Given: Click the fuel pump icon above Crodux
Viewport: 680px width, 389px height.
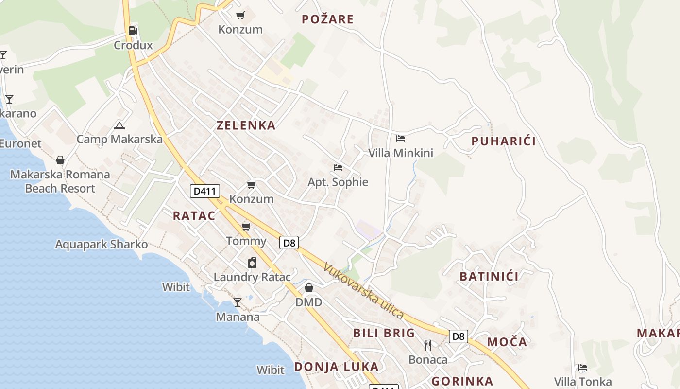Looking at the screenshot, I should pos(133,31).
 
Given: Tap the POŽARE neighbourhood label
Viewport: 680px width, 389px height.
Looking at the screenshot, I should pos(327,19).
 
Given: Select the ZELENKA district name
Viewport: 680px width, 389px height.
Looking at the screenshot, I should pos(246,125).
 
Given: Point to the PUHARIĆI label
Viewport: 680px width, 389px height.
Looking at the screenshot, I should pos(504,141).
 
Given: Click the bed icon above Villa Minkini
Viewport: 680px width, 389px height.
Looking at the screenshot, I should pos(400,139).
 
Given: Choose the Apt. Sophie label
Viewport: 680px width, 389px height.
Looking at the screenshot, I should pos(338,182).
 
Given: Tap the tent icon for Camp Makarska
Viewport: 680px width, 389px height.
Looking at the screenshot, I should pos(119,125).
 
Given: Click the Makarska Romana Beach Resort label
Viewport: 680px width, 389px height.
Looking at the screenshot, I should pos(60,181).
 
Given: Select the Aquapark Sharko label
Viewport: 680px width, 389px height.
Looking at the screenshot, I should pos(101,244).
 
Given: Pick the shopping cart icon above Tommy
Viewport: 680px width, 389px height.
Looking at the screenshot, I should pos(246,227).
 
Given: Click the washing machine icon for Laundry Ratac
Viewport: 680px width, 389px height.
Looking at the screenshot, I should pos(252,263).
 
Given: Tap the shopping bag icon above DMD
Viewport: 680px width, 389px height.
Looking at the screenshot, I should pos(308,288).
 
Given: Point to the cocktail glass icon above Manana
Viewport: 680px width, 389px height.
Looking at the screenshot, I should pos(237,302).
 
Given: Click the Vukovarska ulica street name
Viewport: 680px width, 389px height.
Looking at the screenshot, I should pos(364,291).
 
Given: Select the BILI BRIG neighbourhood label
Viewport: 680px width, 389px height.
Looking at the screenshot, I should pos(384,333).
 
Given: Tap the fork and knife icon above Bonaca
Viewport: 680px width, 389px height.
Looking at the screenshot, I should pos(428,345).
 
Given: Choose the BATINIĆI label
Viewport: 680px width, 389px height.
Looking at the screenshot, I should pos(489,277).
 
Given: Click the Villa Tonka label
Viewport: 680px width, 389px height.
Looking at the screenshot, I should pos(583,382).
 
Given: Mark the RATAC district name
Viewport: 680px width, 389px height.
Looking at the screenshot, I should pos(194,216).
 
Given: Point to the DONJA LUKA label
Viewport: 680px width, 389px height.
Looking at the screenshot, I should pos(336,367).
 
